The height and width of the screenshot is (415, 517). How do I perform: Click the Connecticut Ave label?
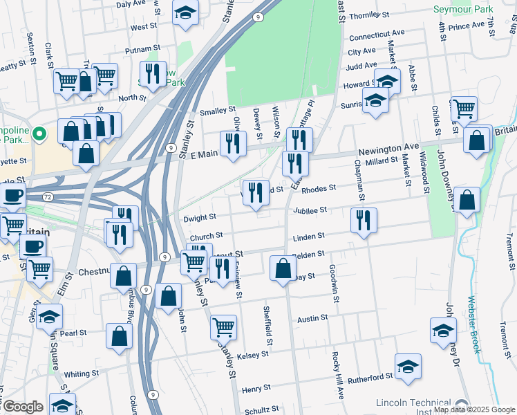click(377, 34)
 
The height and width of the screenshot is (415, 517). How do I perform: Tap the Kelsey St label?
click(252, 355)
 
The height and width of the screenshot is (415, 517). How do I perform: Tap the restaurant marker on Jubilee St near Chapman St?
click(363, 220)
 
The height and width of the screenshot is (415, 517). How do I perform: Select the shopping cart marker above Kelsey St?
click(223, 326)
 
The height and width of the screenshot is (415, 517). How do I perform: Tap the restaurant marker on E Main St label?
click(233, 143)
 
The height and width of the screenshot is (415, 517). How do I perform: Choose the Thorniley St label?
click(370, 15)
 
